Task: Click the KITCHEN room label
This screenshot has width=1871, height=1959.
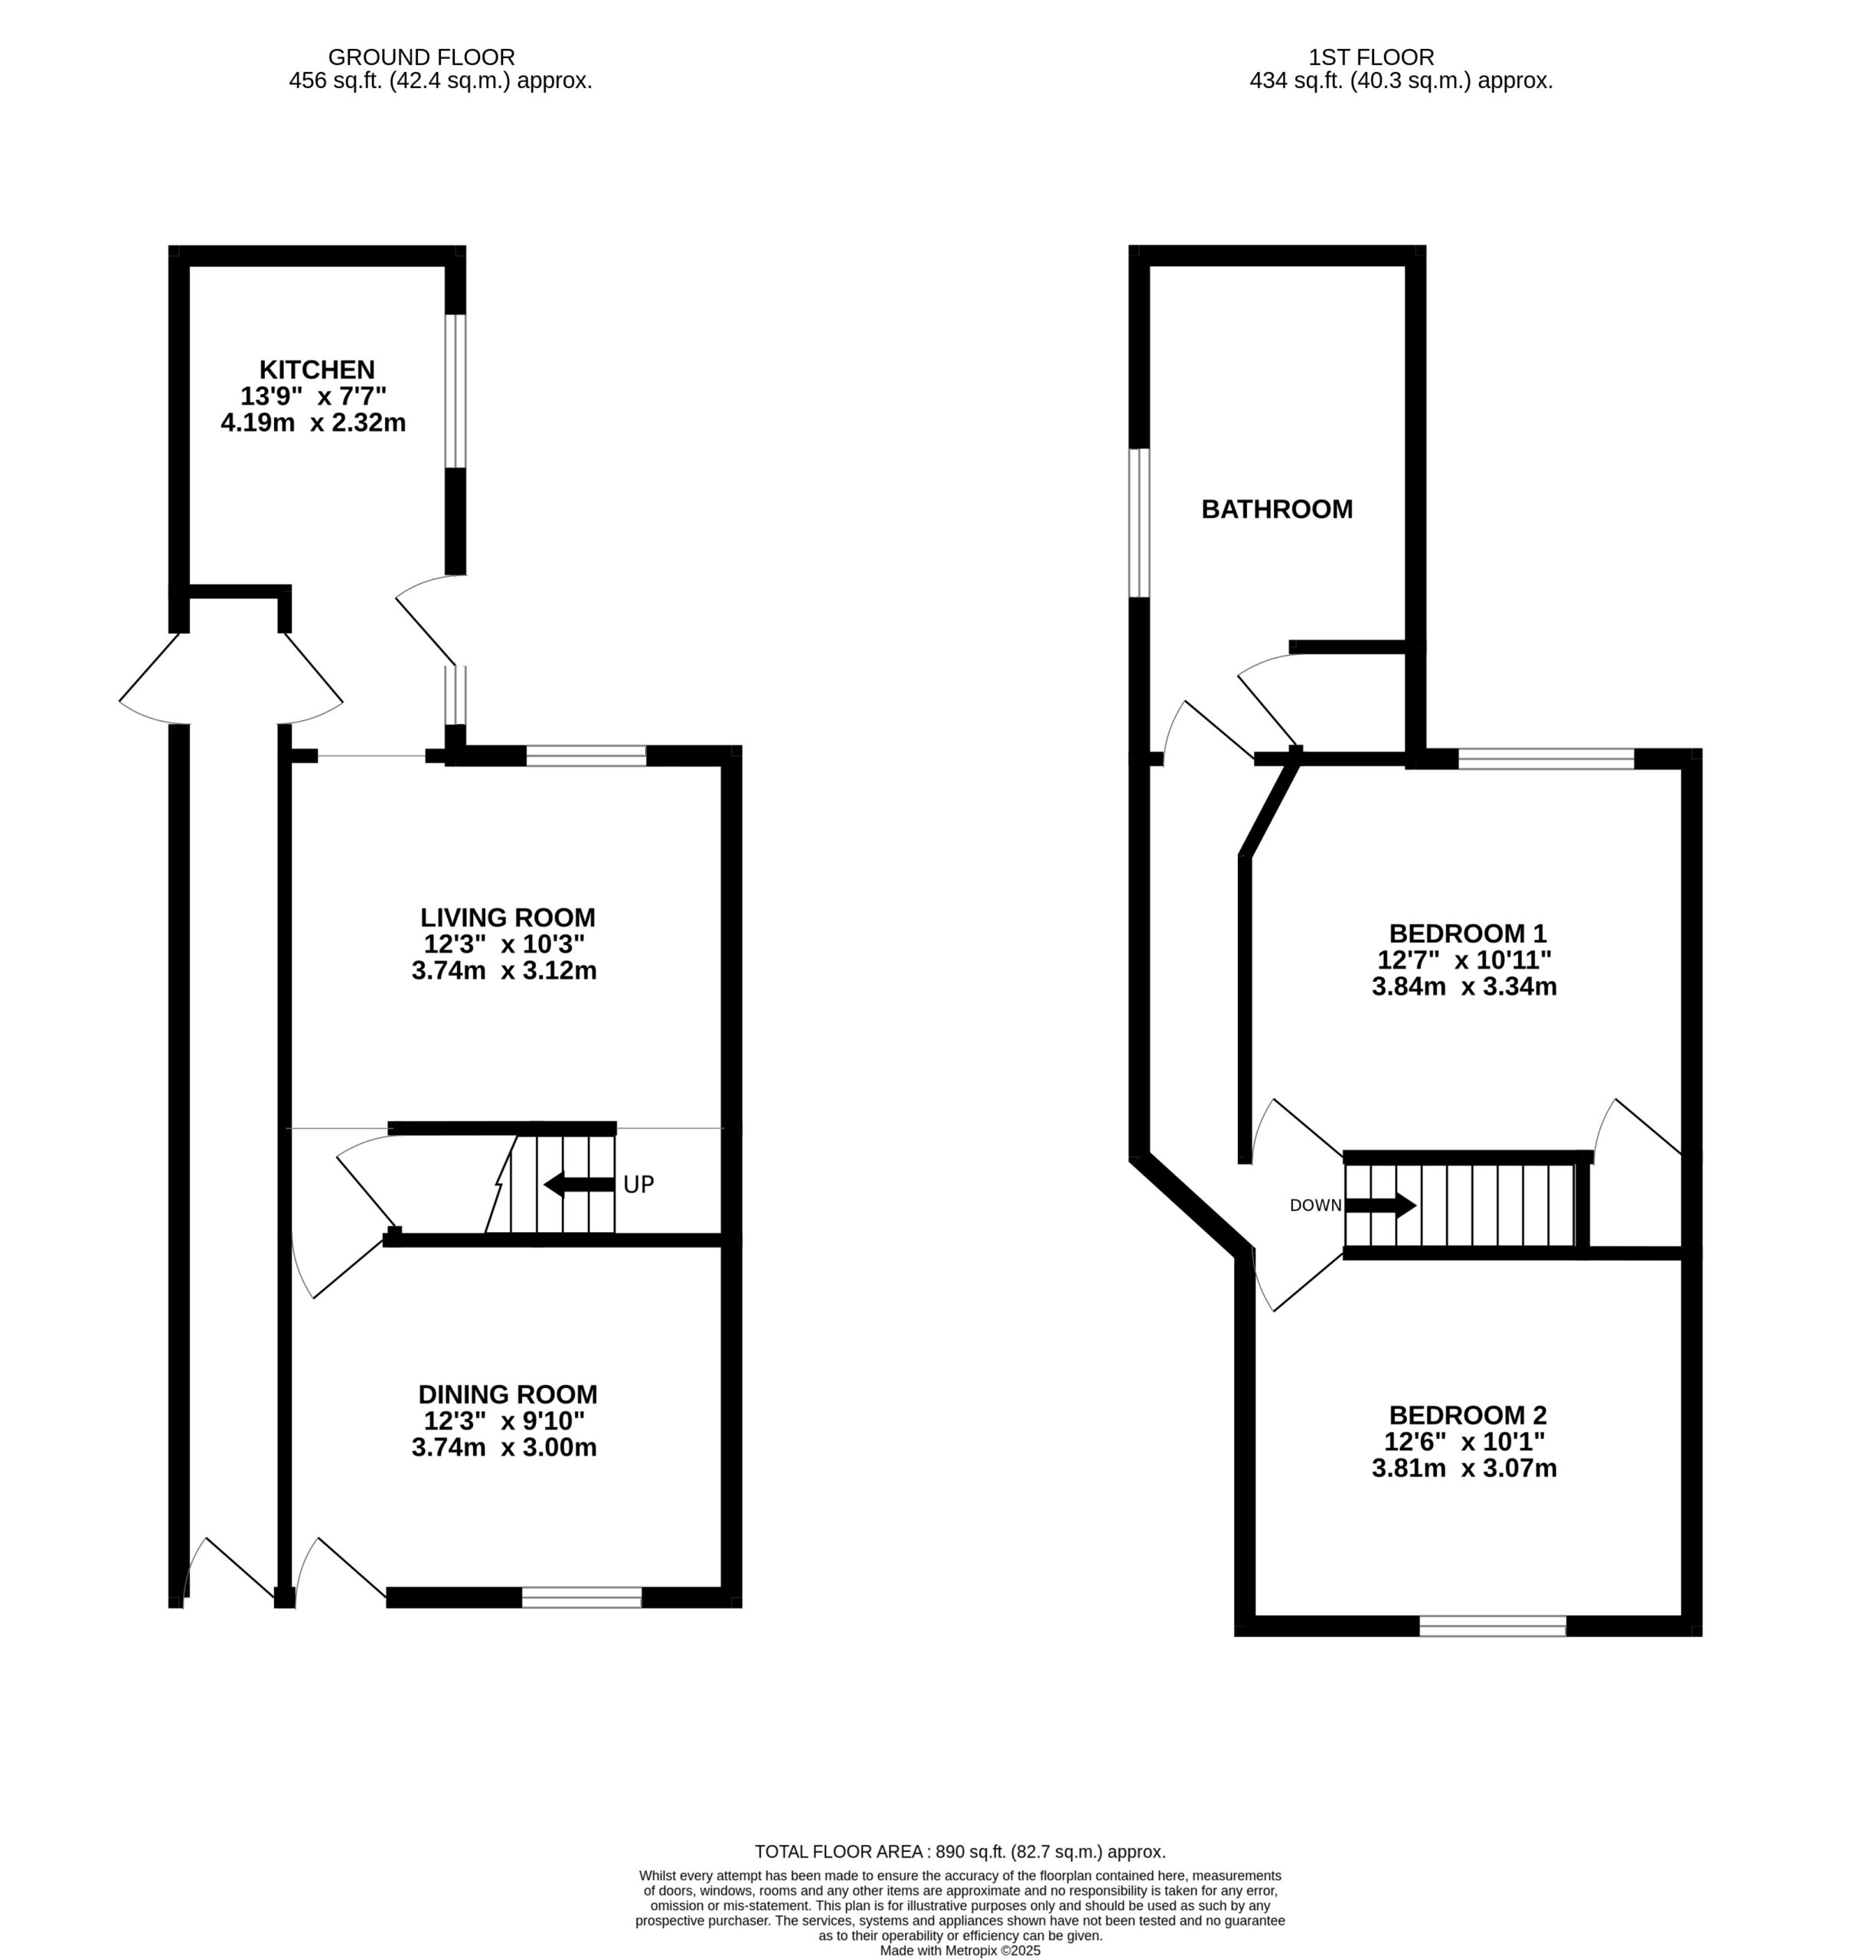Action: [x=317, y=370]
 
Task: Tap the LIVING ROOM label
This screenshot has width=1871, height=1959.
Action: [x=508, y=918]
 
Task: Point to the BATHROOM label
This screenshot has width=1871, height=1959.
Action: [x=1277, y=510]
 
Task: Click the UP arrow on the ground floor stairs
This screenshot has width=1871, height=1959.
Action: [x=580, y=1185]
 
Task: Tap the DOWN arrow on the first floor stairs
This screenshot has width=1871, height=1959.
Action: [x=1380, y=1205]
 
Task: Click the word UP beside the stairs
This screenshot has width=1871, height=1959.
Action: [x=638, y=1185]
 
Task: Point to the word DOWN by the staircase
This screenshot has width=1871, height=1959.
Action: [x=1315, y=1205]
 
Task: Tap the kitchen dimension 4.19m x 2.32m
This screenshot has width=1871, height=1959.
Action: [x=313, y=422]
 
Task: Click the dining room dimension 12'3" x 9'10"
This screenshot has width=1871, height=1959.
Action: [x=504, y=1420]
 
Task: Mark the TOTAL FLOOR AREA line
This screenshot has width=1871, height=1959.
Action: [x=959, y=1853]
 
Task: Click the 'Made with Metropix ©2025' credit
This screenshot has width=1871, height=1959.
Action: [x=959, y=1951]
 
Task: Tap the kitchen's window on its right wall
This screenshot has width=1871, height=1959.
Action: [x=455, y=391]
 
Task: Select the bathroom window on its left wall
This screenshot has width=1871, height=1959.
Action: [x=1139, y=523]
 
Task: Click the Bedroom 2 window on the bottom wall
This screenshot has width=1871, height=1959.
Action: [x=1492, y=1626]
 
